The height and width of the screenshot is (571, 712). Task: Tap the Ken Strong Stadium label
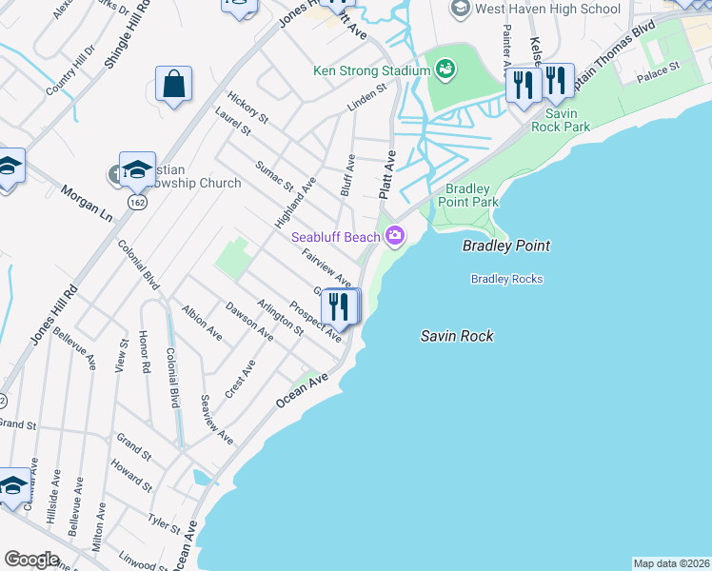coord(371,70)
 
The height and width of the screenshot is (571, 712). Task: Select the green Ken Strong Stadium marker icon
coord(445,69)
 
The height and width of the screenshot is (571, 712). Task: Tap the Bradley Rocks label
coord(506,279)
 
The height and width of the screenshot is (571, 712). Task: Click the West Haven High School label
coord(547,9)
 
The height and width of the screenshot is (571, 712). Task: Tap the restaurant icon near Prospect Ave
coord(340,306)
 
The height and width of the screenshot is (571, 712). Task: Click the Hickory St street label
coord(248,107)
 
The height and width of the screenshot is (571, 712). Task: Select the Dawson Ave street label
coord(249,321)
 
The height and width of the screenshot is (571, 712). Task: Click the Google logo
coord(31,560)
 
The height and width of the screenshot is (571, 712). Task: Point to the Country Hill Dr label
coord(69,69)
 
